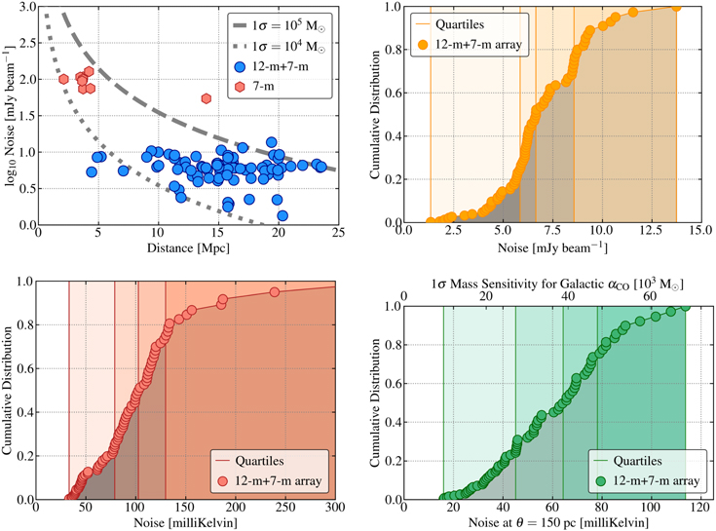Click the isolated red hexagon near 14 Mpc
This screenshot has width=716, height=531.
[206, 98]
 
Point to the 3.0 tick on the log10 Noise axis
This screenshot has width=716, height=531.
[26, 7]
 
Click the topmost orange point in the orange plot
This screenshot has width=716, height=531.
[676, 9]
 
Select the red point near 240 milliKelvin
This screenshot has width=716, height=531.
[274, 292]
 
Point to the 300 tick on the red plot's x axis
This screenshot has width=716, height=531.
[335, 508]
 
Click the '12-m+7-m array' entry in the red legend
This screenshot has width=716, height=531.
[278, 480]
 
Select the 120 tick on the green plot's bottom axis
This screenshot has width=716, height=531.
[700, 508]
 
